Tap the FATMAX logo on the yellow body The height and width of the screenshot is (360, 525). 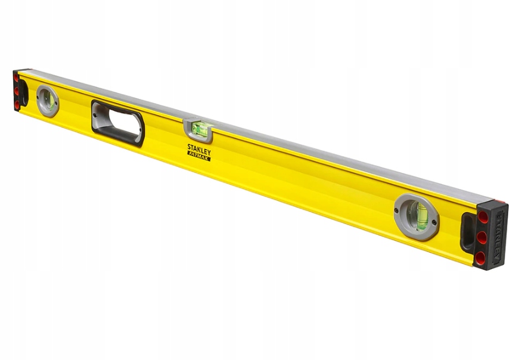pos(199,156)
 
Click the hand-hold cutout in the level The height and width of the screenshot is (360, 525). pos(118,123)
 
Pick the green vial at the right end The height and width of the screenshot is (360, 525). pos(418,216)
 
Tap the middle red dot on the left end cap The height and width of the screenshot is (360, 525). pos(16,91)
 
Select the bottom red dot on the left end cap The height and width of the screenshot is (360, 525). pos(17,105)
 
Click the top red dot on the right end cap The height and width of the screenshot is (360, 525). pos(483,217)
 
